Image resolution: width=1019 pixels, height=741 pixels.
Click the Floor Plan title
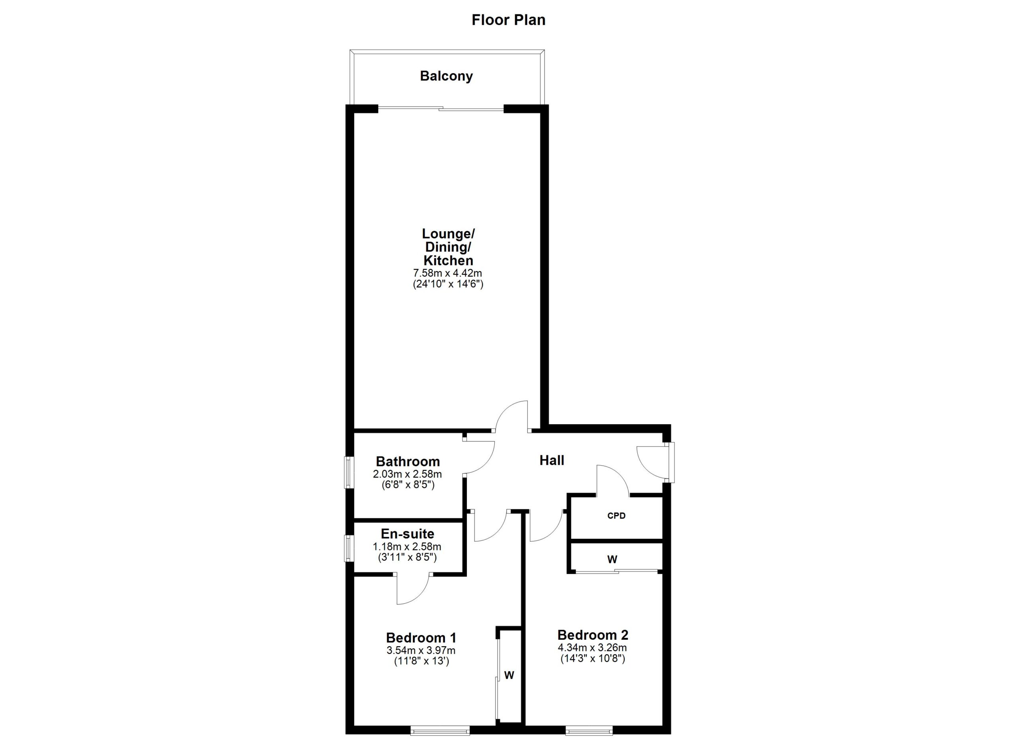coord(508,20)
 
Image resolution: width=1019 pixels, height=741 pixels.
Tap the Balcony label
coord(446,76)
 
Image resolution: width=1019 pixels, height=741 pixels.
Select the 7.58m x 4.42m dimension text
coord(447,273)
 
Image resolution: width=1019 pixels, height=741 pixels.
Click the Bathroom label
coord(408,461)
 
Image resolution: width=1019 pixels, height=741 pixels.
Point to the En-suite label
coord(408,534)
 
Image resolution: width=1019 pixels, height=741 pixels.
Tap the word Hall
coord(552,460)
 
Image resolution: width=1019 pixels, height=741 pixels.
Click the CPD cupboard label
coord(616,516)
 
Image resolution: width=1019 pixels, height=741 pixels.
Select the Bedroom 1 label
coord(421,638)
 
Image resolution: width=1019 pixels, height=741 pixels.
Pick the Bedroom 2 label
coord(593,635)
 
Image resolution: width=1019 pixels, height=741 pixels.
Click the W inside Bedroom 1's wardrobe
coord(509,675)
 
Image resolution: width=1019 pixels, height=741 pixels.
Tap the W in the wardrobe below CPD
coord(612,560)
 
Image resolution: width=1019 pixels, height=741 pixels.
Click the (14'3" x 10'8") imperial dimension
coord(593,659)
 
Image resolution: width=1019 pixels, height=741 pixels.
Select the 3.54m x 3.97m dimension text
coord(421,650)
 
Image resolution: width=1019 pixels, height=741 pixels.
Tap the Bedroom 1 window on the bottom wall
coord(440,731)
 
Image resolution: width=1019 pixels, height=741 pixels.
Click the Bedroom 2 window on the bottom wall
coord(589,731)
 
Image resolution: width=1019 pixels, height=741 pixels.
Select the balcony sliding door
coord(440,108)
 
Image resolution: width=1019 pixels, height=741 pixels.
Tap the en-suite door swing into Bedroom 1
coord(412,590)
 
